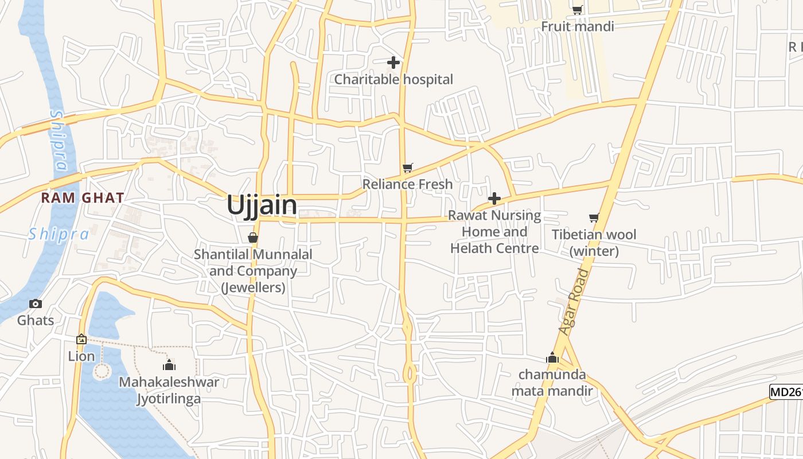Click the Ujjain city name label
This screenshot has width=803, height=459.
pos(262,205)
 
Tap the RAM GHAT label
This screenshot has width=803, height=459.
pos(83,198)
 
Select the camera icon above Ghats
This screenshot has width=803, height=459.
pos(36,304)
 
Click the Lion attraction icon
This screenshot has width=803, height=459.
pos(81,339)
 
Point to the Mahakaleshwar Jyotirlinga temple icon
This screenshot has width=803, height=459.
pos(169,365)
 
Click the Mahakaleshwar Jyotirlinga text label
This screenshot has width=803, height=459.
pos(169,390)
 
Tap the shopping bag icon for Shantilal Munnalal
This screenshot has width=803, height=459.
pos(252,237)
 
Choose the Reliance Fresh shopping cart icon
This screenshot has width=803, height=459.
pos(407,168)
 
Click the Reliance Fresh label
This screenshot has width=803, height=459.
pos(407,184)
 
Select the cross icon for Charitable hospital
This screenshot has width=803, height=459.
pos(393,62)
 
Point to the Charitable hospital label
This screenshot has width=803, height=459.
pos(393,79)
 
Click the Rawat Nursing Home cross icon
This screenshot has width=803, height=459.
pos(494,199)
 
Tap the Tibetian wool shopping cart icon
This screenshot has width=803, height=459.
pos(594,217)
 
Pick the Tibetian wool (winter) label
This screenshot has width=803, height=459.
pos(594,243)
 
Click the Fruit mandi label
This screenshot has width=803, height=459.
pos(577,26)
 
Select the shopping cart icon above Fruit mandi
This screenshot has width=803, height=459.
pos(577,9)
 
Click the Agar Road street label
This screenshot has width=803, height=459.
pos(574,302)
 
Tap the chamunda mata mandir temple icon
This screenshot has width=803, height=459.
pos(552,357)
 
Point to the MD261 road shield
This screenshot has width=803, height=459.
pos(786,392)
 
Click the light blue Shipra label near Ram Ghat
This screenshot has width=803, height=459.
pos(59,234)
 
